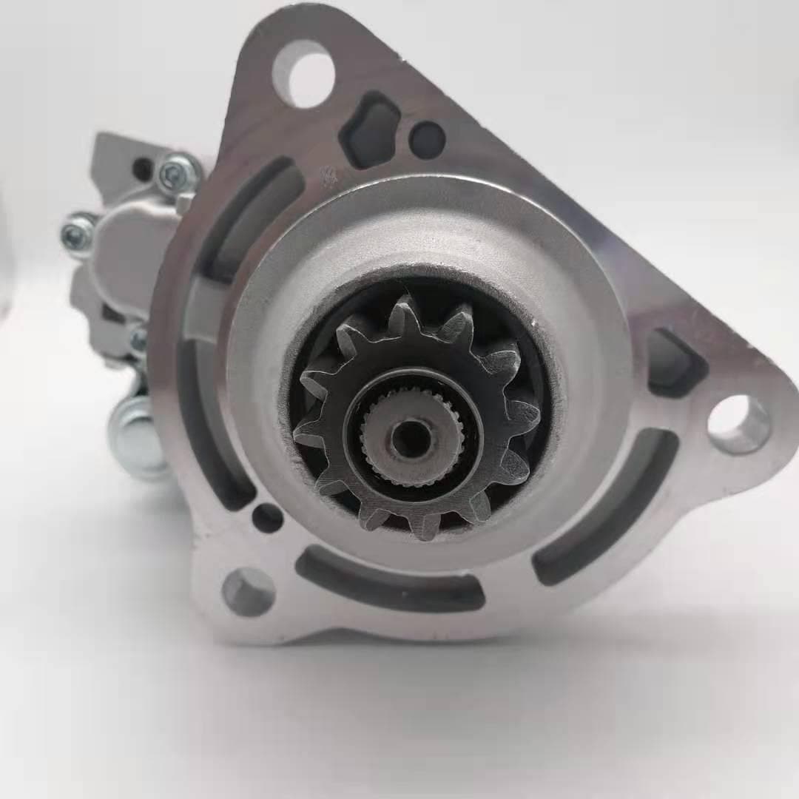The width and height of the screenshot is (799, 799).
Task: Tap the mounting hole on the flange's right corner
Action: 738,424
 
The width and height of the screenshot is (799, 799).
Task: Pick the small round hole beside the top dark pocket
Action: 427,140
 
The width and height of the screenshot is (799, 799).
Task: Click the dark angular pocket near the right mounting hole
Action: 675,363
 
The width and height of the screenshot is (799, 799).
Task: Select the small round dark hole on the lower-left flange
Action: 267,517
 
